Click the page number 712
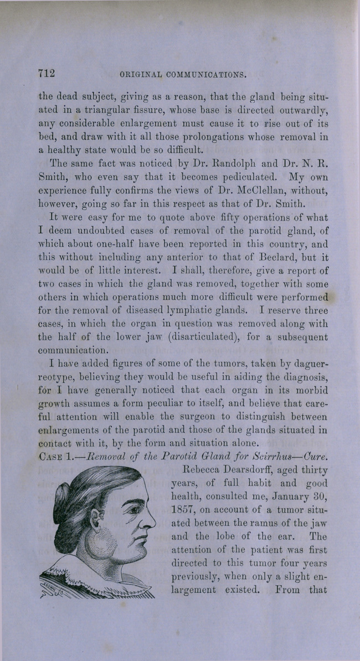(49, 73)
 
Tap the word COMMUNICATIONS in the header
(207, 74)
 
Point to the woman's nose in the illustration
(148, 521)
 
